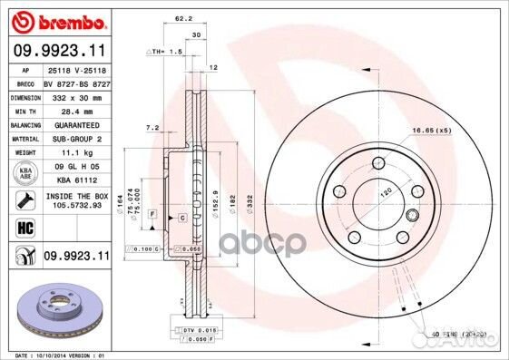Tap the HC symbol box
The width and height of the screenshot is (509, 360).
tap(24, 229)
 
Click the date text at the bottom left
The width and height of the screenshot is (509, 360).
tap(56, 354)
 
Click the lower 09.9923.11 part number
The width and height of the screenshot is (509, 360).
tap(75, 257)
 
